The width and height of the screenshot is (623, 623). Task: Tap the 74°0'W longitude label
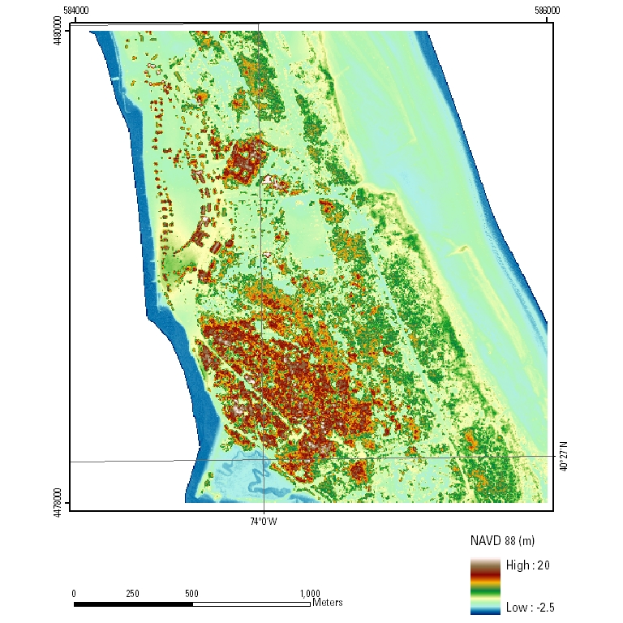tap(263, 521)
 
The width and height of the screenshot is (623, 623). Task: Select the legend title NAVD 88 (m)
tap(502, 540)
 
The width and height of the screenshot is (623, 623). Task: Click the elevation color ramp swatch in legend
tap(485, 586)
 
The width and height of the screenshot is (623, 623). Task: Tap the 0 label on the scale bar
tap(74, 593)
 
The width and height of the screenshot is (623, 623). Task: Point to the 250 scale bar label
tap(132, 593)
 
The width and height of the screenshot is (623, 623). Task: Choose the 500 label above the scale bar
tap(191, 593)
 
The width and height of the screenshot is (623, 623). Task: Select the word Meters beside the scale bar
tap(328, 603)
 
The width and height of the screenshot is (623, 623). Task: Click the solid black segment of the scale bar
tap(133, 604)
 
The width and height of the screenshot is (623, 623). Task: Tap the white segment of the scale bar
tap(251, 604)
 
